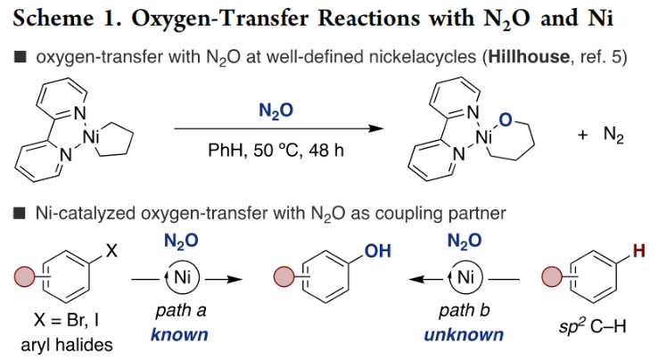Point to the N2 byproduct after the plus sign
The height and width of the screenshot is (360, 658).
[614, 137]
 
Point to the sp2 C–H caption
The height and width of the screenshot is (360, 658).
[589, 319]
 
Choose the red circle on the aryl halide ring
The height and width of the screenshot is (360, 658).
[25, 277]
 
